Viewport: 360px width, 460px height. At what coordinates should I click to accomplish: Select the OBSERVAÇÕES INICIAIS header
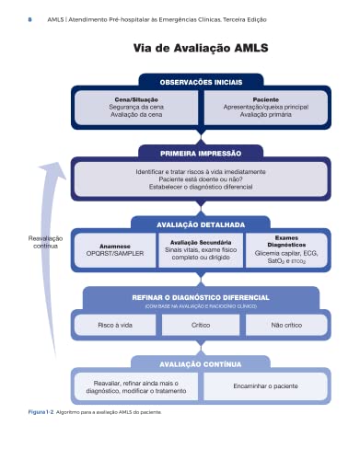click(x=200, y=81)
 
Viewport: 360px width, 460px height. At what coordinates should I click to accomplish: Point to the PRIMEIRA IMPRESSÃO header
click(x=200, y=152)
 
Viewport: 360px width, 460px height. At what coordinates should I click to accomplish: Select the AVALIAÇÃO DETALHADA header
click(x=200, y=223)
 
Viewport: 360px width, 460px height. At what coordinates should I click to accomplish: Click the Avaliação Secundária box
click(x=200, y=250)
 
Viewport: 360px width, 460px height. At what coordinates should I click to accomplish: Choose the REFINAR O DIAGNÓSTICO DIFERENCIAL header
click(x=200, y=297)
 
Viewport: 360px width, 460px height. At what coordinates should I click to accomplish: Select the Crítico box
click(x=200, y=325)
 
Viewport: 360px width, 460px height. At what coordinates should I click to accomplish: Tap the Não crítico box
click(x=286, y=325)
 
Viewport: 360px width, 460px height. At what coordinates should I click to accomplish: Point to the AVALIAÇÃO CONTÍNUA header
click(x=200, y=363)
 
